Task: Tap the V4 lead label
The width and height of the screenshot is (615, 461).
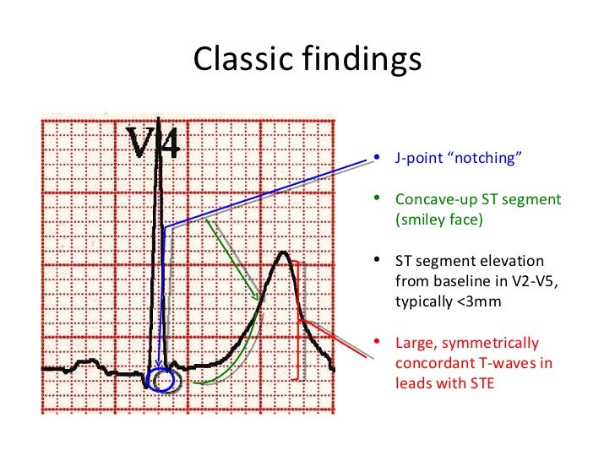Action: pyautogui.click(x=153, y=144)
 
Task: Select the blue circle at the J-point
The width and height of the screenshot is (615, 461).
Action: pyautogui.click(x=161, y=381)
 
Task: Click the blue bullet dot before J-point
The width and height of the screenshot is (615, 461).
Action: pyautogui.click(x=376, y=159)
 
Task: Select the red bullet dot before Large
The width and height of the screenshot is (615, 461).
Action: pyautogui.click(x=376, y=343)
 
